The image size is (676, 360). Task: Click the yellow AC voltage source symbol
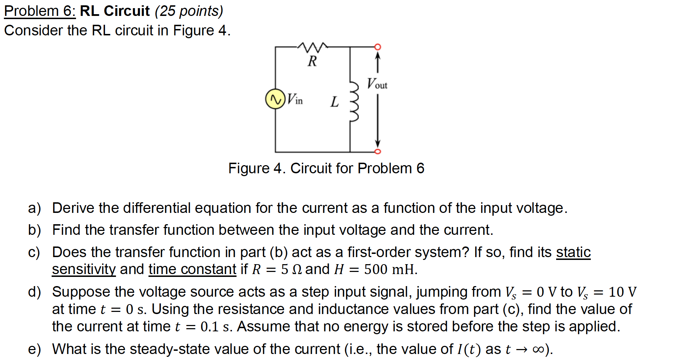click(x=275, y=99)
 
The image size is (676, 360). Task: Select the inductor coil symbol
click(x=354, y=101)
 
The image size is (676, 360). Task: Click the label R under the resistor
click(x=312, y=61)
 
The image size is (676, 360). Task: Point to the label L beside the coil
click(x=334, y=102)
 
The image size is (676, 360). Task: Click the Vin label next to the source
click(x=295, y=99)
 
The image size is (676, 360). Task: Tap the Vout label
click(x=377, y=84)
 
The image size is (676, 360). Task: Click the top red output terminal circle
click(x=378, y=47)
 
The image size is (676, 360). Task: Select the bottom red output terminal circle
click(x=378, y=152)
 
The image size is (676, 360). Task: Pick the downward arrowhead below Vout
click(x=378, y=143)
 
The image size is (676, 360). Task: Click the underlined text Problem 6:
click(x=40, y=11)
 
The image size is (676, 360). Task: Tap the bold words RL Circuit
click(x=115, y=11)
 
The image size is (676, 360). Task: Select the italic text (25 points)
click(x=189, y=11)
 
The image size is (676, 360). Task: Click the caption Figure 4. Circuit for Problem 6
click(x=326, y=168)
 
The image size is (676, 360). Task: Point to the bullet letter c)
click(x=34, y=252)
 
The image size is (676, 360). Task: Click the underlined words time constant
click(x=192, y=269)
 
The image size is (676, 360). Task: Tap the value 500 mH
click(x=390, y=269)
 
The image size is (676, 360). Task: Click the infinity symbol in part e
click(x=537, y=350)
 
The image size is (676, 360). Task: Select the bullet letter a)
click(x=34, y=208)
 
